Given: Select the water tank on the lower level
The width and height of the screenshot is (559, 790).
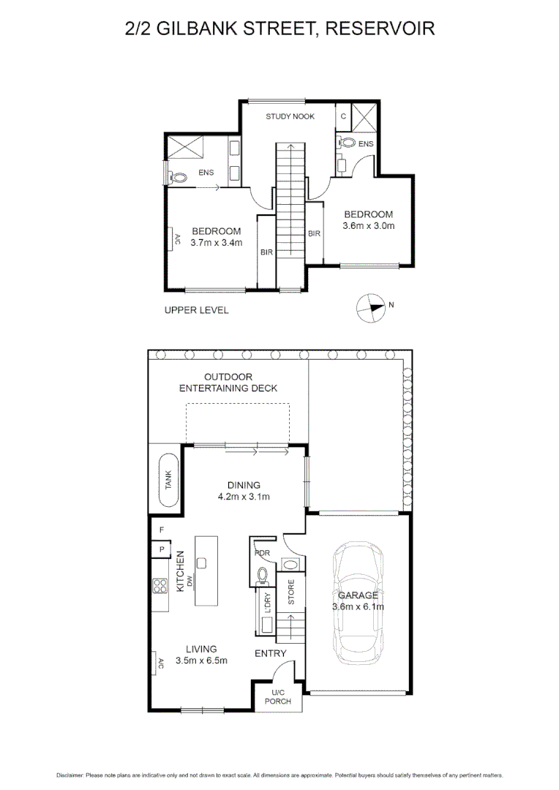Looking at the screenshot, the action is (168, 480).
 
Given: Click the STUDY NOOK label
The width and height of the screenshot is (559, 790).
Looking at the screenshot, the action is (290, 116).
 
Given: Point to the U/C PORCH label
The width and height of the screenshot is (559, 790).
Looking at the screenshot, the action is (278, 697).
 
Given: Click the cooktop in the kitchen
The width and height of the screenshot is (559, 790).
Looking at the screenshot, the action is (160, 586).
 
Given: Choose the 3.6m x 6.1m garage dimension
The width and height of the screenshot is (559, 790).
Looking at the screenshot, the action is (358, 606).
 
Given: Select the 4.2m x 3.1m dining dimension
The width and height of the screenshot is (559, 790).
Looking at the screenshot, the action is (244, 497).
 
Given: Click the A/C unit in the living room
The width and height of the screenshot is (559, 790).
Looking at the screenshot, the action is (156, 663).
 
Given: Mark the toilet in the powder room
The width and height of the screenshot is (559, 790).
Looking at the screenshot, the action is (263, 575).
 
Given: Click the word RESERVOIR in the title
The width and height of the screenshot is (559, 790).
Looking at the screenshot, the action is (380, 29).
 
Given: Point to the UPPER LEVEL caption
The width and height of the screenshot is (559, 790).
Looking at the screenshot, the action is (197, 310).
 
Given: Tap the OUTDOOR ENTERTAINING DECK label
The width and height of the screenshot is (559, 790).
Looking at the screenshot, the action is (228, 383).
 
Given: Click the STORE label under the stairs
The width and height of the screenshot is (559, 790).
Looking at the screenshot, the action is (291, 592).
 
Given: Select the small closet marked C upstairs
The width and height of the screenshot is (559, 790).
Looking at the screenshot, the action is (343, 116).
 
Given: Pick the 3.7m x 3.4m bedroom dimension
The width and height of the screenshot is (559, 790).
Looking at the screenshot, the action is (217, 243).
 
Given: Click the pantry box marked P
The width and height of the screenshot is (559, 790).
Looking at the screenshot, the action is (162, 549).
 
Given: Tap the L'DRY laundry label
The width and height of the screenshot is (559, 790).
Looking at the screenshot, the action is (267, 603).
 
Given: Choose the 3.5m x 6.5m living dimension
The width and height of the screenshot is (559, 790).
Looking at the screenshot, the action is (201, 661).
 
